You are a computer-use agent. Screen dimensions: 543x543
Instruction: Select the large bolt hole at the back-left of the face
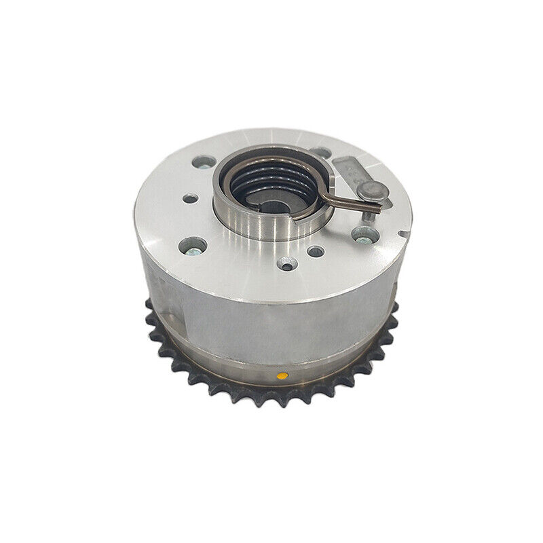[x=202, y=163]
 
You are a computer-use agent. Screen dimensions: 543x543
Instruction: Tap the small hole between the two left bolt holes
[x=191, y=199]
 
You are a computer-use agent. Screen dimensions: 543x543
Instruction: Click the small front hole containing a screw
[x=287, y=263]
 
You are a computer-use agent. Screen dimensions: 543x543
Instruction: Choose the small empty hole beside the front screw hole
[x=316, y=251]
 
